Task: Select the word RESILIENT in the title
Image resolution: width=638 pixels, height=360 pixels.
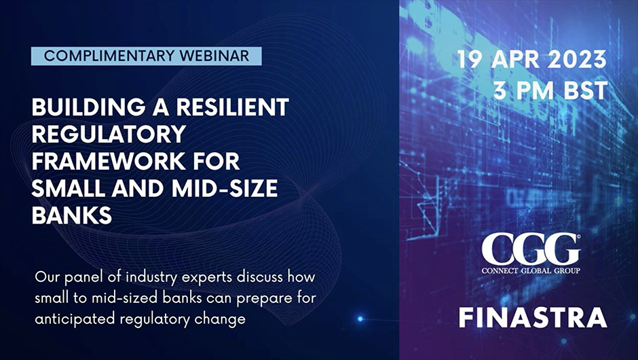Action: click(x=232, y=107)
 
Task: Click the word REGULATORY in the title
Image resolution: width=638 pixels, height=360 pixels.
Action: click(x=109, y=134)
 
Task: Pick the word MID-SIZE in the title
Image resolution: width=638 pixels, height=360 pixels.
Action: click(x=225, y=187)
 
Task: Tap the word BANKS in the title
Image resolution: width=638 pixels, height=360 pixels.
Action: click(x=72, y=215)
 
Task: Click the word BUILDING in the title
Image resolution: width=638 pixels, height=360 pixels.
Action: click(x=88, y=107)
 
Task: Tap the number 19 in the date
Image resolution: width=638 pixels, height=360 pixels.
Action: click(x=469, y=60)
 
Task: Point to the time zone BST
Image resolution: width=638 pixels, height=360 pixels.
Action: click(x=585, y=90)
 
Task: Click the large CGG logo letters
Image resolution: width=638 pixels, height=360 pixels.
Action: click(x=531, y=249)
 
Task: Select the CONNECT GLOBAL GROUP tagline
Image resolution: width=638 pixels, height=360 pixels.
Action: click(x=531, y=271)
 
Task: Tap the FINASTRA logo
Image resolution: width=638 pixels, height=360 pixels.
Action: click(x=533, y=318)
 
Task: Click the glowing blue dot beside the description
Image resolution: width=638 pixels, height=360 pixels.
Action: click(x=360, y=319)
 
